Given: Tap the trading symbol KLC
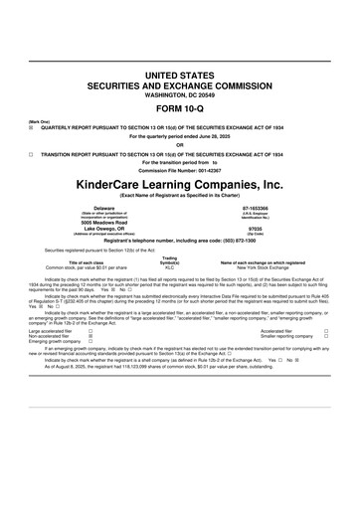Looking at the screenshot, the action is click(x=170, y=267).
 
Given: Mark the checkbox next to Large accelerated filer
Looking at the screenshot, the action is click(x=91, y=330).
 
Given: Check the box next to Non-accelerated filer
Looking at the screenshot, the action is click(x=91, y=336).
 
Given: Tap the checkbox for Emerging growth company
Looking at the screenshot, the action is click(x=91, y=342).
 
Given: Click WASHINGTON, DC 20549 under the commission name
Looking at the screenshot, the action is click(x=179, y=94).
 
